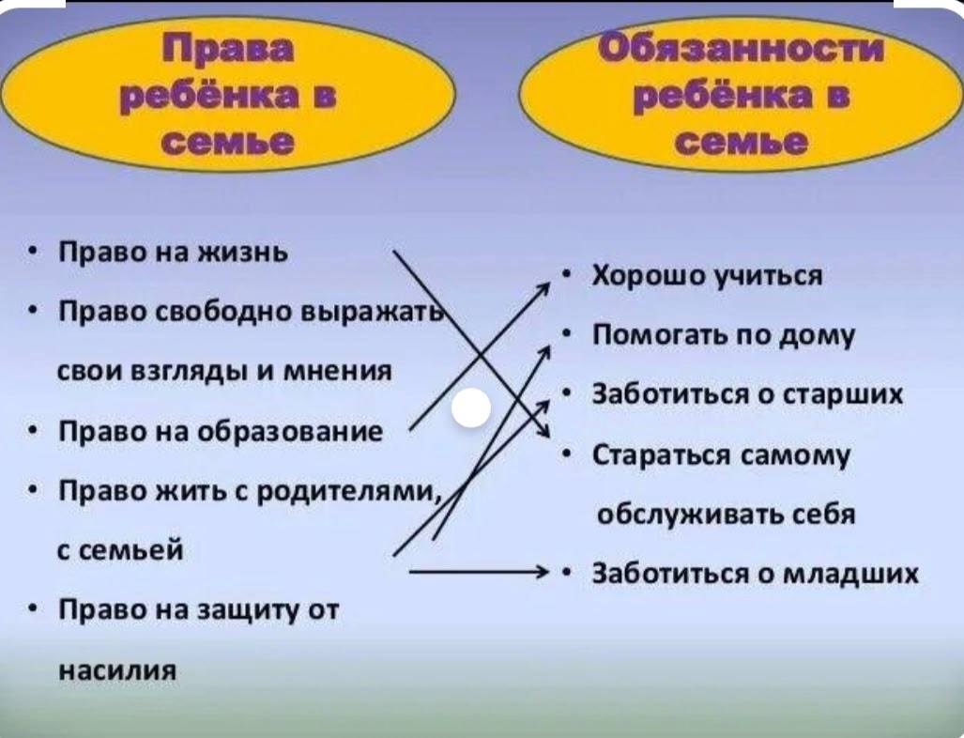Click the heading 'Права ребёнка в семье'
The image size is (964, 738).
(229, 95)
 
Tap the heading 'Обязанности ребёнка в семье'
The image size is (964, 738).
(742, 95)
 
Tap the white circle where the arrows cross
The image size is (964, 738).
(471, 408)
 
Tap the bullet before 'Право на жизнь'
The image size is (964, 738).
(33, 253)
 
